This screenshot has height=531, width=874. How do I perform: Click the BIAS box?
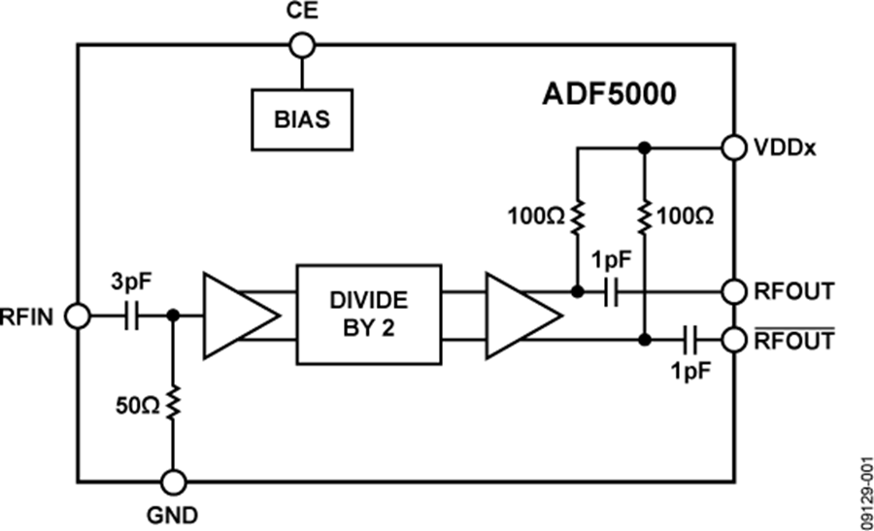pyautogui.click(x=301, y=119)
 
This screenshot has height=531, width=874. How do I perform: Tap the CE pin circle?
pyautogui.click(x=301, y=45)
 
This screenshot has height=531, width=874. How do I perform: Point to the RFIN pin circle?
pyautogui.click(x=77, y=315)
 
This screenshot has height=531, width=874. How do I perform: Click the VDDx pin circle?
pyautogui.click(x=733, y=148)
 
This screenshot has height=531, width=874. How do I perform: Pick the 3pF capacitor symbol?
pyautogui.click(x=133, y=315)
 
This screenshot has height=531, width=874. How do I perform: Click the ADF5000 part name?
pyautogui.click(x=610, y=96)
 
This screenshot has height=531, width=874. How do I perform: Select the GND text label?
pyautogui.click(x=173, y=514)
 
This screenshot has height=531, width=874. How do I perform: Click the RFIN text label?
pyautogui.click(x=31, y=315)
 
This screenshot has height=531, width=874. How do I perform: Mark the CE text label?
pyautogui.click(x=301, y=12)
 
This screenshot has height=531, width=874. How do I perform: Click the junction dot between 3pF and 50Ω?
pyautogui.click(x=173, y=315)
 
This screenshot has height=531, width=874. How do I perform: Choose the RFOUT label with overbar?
pyautogui.click(x=793, y=341)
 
